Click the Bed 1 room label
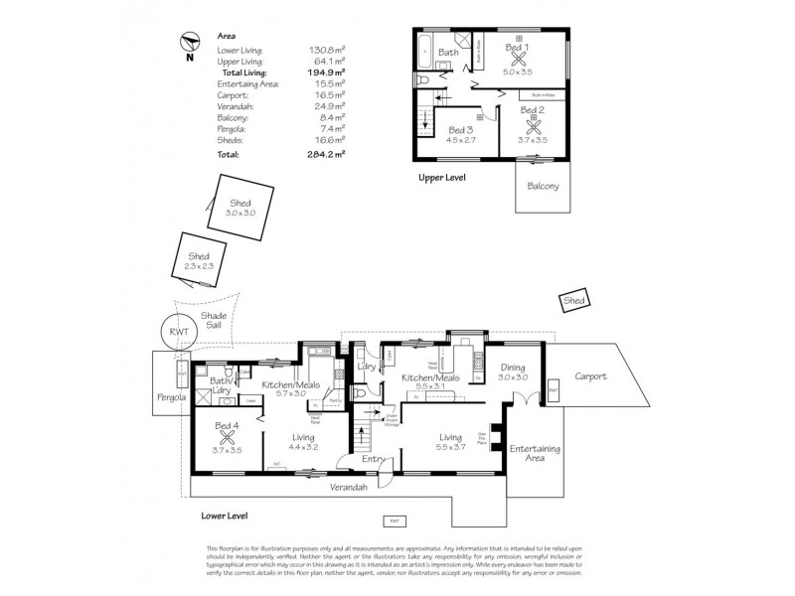pyautogui.click(x=517, y=47)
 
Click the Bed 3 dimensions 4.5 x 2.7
pyautogui.click(x=462, y=140)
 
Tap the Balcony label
pyautogui.click(x=543, y=186)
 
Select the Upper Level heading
pyautogui.click(x=441, y=177)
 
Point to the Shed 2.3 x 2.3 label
pyautogui.click(x=199, y=260)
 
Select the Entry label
pyautogui.click(x=373, y=459)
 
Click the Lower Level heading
pyautogui.click(x=224, y=516)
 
